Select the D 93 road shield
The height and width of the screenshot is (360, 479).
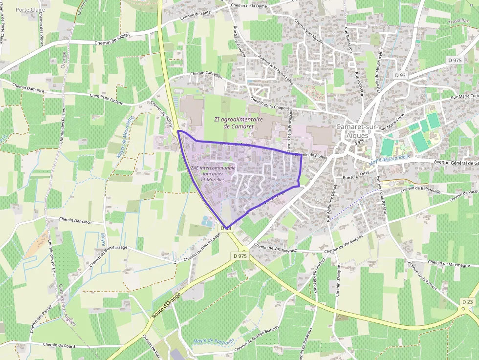click(x=400, y=75)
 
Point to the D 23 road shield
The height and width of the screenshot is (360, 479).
click(x=467, y=302)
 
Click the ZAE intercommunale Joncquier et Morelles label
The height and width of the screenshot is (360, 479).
click(x=213, y=173)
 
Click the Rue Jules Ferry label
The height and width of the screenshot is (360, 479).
click(x=356, y=177)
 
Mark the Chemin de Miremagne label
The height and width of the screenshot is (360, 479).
click(x=448, y=263)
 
